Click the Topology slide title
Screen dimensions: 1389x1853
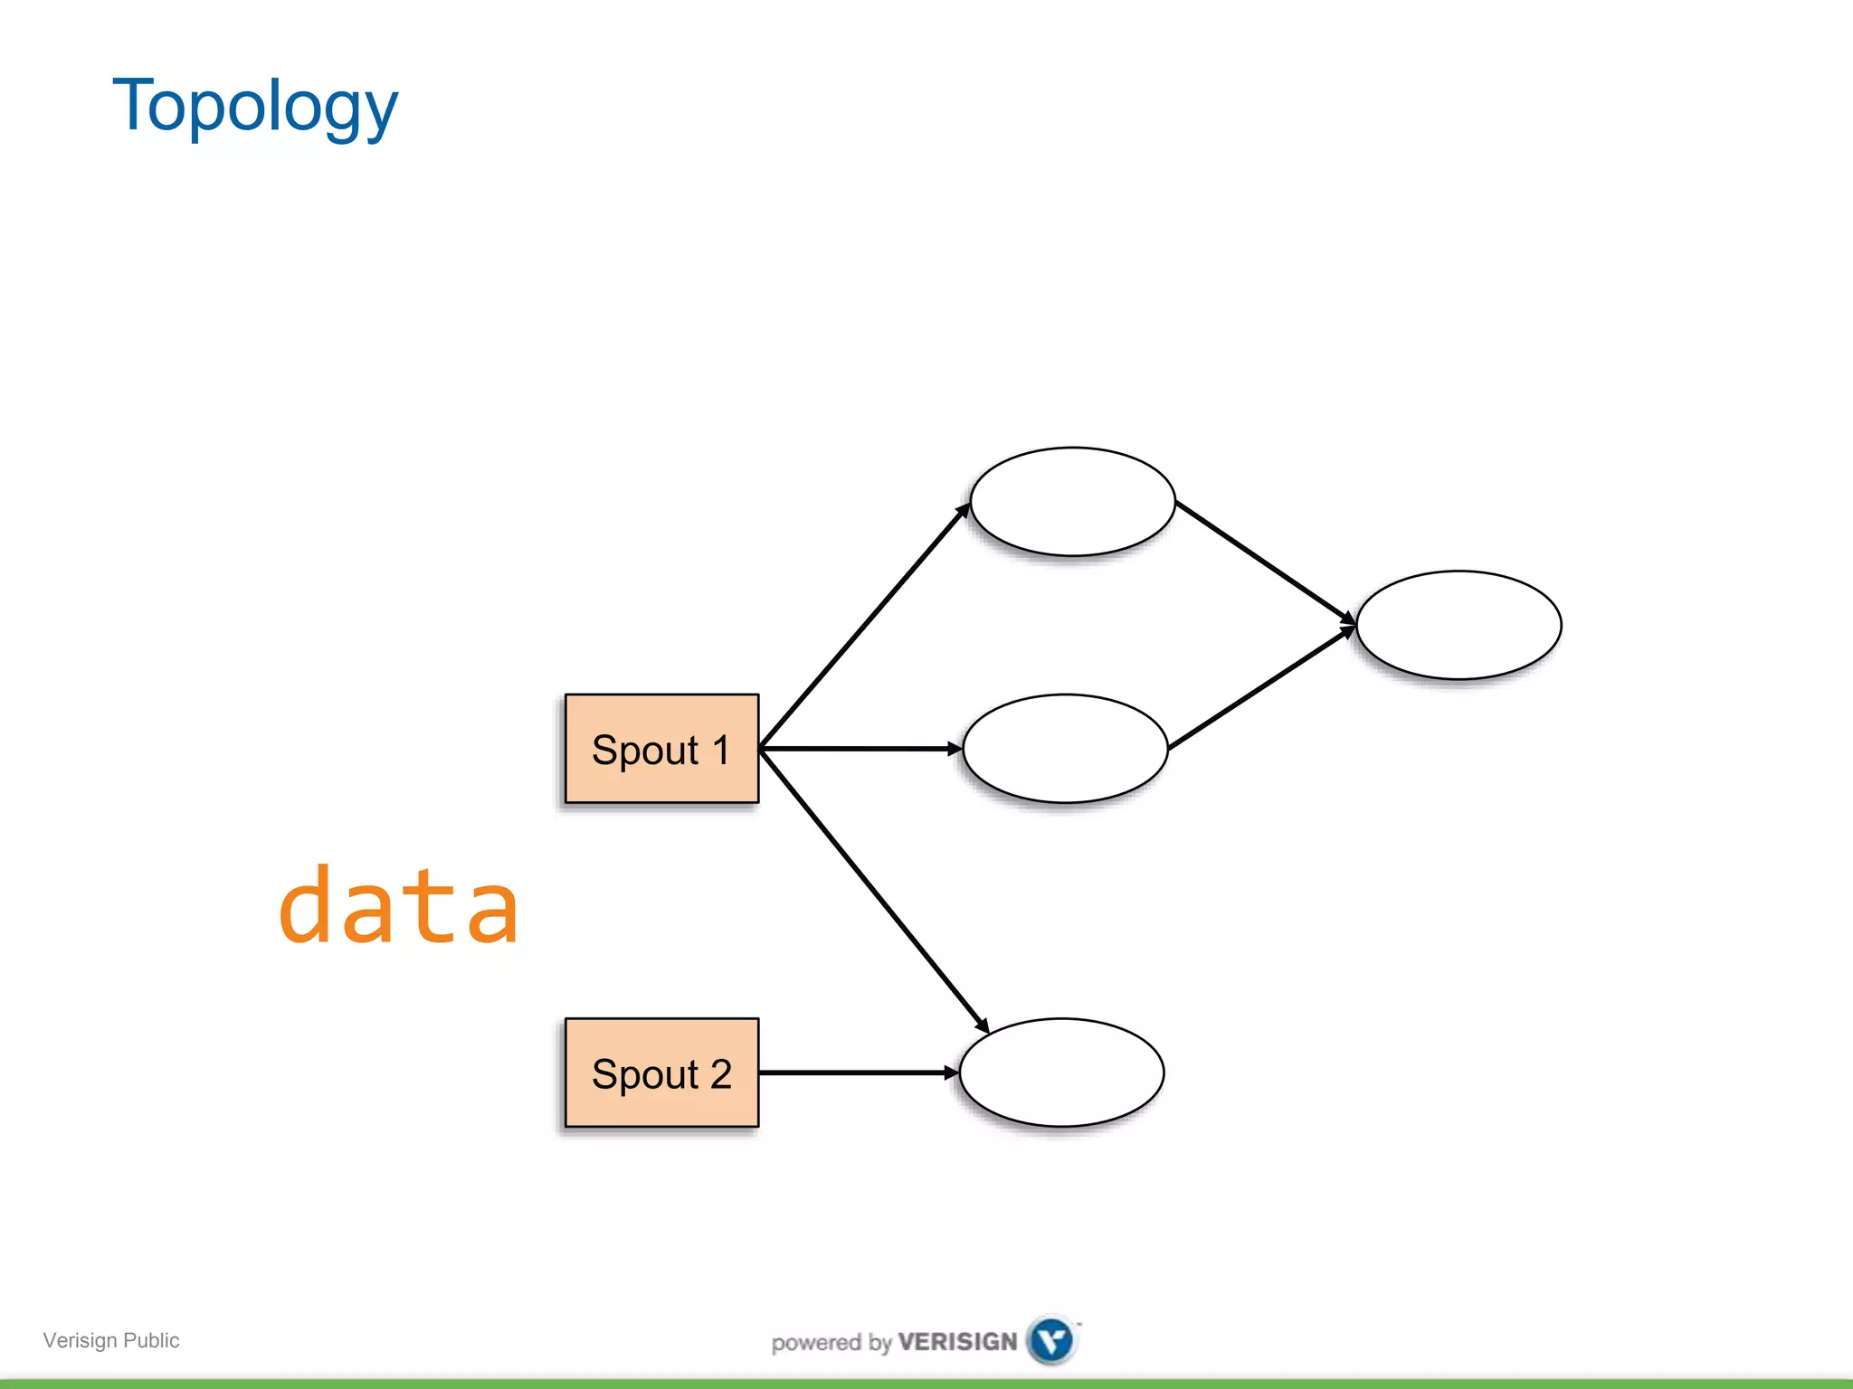pyautogui.click(x=254, y=107)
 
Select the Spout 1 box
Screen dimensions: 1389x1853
pyautogui.click(x=661, y=749)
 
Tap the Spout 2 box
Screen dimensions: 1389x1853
pyautogui.click(x=661, y=1072)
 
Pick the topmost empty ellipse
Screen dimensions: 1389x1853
pyautogui.click(x=1072, y=501)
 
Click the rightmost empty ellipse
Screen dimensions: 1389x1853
pyautogui.click(x=1459, y=625)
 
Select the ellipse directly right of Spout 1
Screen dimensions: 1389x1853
pyautogui.click(x=1065, y=749)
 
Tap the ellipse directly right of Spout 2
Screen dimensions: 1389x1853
pyautogui.click(x=1061, y=1072)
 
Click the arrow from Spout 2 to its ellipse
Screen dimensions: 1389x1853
pyautogui.click(x=858, y=1072)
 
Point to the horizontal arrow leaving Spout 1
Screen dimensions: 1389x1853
pyautogui.click(x=860, y=749)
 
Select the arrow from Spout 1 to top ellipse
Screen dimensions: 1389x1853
pyautogui.click(x=864, y=627)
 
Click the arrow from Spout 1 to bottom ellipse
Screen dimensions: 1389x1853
pyautogui.click(x=873, y=891)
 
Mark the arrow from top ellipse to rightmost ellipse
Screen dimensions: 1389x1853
pyautogui.click(x=1265, y=562)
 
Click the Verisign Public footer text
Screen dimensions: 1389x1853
pyautogui.click(x=111, y=1340)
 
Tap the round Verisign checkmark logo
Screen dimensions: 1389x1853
pyautogui.click(x=1051, y=1340)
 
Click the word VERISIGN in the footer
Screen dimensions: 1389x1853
pyautogui.click(x=957, y=1342)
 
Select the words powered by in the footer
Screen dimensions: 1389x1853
pyautogui.click(x=831, y=1343)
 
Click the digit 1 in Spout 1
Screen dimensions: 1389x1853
pyautogui.click(x=721, y=750)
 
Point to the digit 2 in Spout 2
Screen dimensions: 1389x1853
pyautogui.click(x=721, y=1073)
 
